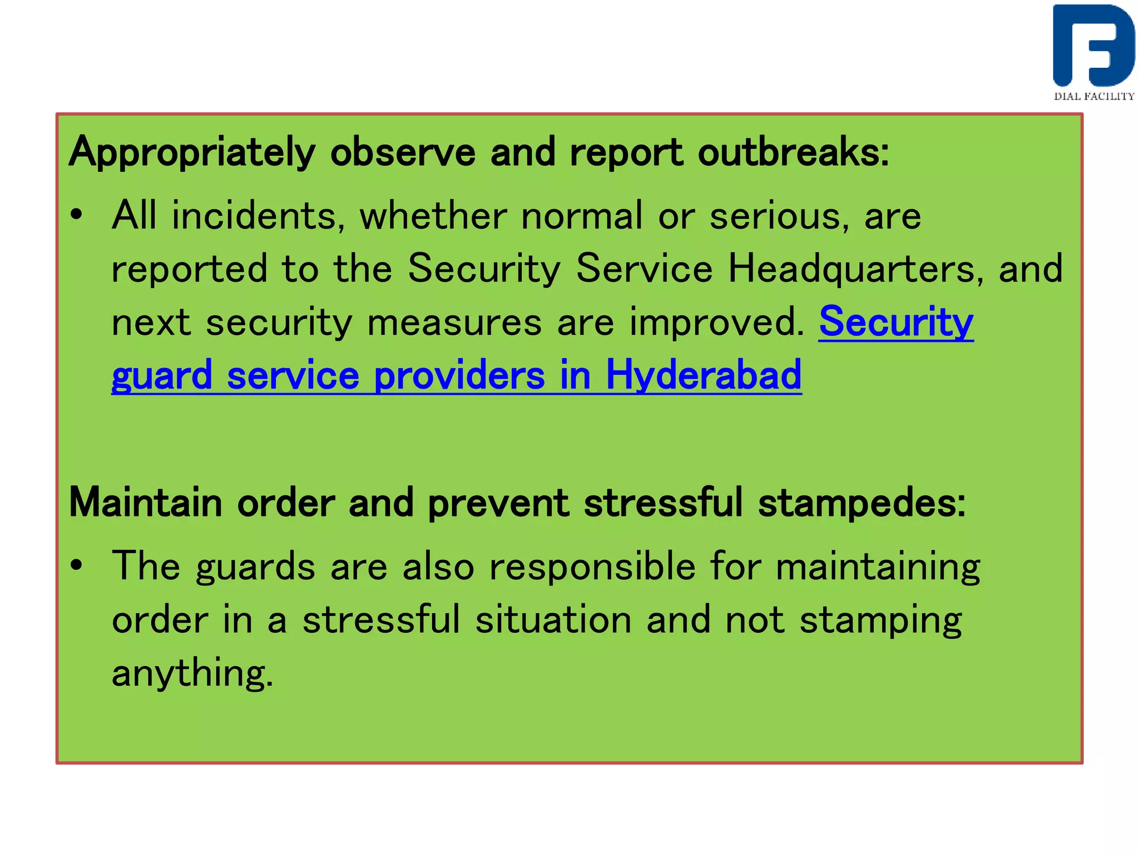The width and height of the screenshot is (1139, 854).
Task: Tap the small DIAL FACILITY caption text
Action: point(1094,96)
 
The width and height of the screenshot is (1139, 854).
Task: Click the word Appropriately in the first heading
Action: point(192,152)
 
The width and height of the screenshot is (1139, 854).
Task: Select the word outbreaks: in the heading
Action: point(793,152)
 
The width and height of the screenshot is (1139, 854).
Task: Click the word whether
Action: point(433,216)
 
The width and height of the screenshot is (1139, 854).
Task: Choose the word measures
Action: point(454,322)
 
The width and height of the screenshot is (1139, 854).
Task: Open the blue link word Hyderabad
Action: point(704,375)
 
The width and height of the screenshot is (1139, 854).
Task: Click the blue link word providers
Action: point(459,375)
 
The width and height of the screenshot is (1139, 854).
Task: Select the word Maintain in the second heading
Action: point(146,503)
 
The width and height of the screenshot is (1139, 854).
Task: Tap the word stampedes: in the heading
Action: point(861,503)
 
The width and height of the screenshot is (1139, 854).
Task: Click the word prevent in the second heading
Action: point(498,503)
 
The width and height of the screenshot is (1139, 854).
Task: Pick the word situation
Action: point(553,619)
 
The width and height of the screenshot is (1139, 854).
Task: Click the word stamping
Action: point(880,620)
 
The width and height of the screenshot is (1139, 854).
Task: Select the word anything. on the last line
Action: point(192,673)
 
